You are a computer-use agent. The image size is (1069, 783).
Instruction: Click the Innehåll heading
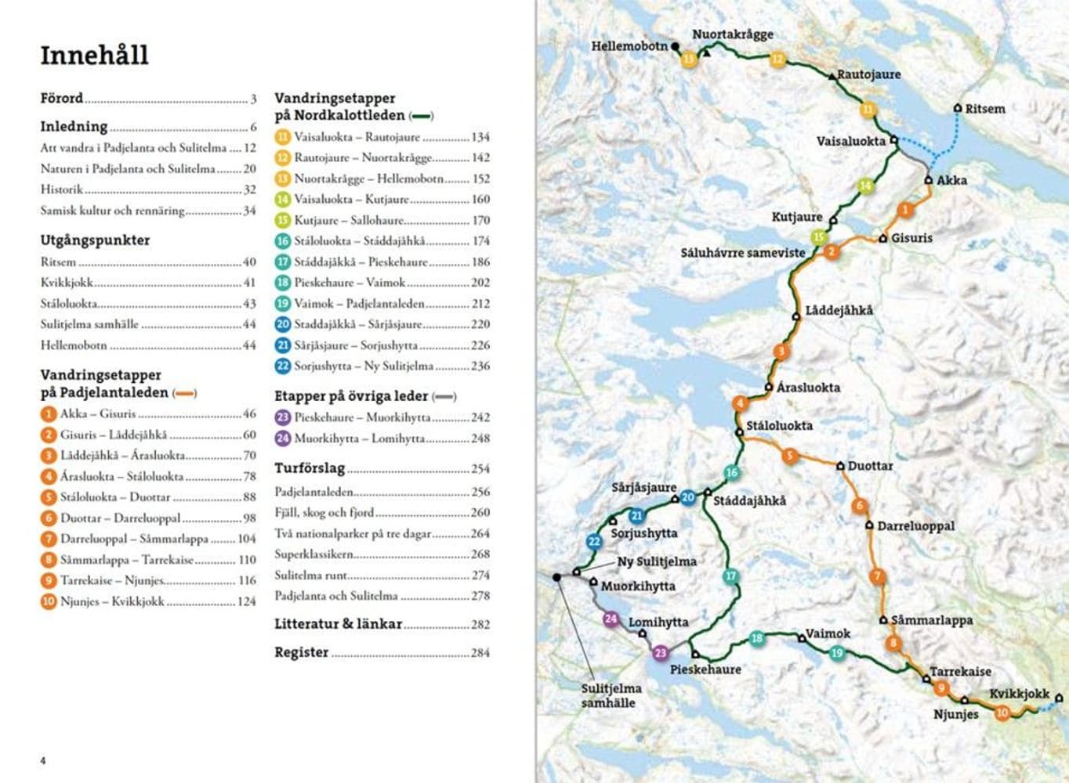tap(94, 55)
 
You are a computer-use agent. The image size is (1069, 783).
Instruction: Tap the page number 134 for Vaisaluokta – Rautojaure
tap(480, 137)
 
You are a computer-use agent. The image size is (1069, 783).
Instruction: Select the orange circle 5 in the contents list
tap(49, 497)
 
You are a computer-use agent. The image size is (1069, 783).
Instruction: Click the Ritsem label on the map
tap(984, 109)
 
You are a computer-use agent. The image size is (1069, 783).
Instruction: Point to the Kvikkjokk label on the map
tap(1018, 694)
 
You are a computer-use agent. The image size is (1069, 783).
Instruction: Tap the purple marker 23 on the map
tap(661, 653)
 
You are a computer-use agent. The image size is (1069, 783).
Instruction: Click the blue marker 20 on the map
tap(687, 497)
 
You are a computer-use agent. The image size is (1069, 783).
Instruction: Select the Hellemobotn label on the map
tap(629, 46)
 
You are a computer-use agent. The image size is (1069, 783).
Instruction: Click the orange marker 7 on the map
tap(877, 577)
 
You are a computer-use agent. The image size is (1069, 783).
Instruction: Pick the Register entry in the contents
tap(302, 652)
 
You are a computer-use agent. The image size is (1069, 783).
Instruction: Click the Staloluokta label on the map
tap(779, 426)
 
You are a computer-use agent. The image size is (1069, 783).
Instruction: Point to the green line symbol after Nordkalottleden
tap(422, 116)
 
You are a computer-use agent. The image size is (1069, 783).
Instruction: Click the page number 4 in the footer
tap(43, 760)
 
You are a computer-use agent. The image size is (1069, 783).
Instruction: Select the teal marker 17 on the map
tap(730, 576)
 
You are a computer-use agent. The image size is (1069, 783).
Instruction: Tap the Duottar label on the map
tap(870, 466)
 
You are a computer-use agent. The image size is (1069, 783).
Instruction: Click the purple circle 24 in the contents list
tap(283, 438)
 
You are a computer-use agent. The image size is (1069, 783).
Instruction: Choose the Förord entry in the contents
tap(62, 99)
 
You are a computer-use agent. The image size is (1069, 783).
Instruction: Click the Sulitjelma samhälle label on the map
tap(611, 695)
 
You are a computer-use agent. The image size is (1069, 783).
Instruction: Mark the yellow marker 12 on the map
tap(777, 59)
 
